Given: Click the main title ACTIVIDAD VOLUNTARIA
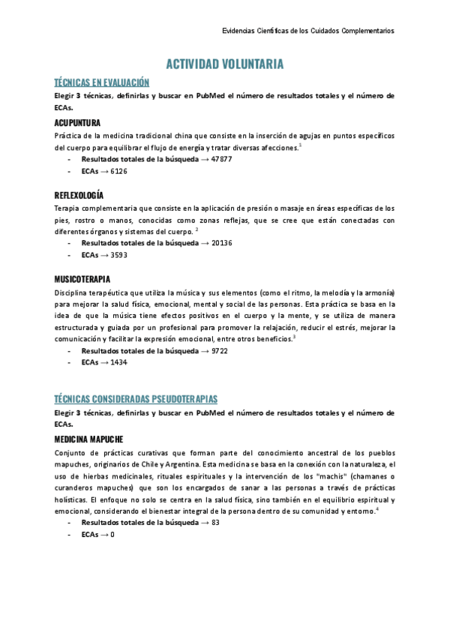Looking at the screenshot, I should pos(224,64).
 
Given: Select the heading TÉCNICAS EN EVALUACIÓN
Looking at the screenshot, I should pos(102,82).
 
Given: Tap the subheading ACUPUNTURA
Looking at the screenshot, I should pos(77,122).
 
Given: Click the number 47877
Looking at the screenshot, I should pos(222,159).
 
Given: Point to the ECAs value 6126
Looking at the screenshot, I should pos(118,171).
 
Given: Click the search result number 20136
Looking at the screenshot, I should pos(222,243).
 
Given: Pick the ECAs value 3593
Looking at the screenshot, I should pos(118,255).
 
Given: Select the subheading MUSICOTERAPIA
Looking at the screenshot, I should pos(82,279).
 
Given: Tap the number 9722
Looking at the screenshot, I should pos(220,351).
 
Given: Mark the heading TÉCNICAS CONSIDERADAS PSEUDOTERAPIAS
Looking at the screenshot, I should pos(136,399).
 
